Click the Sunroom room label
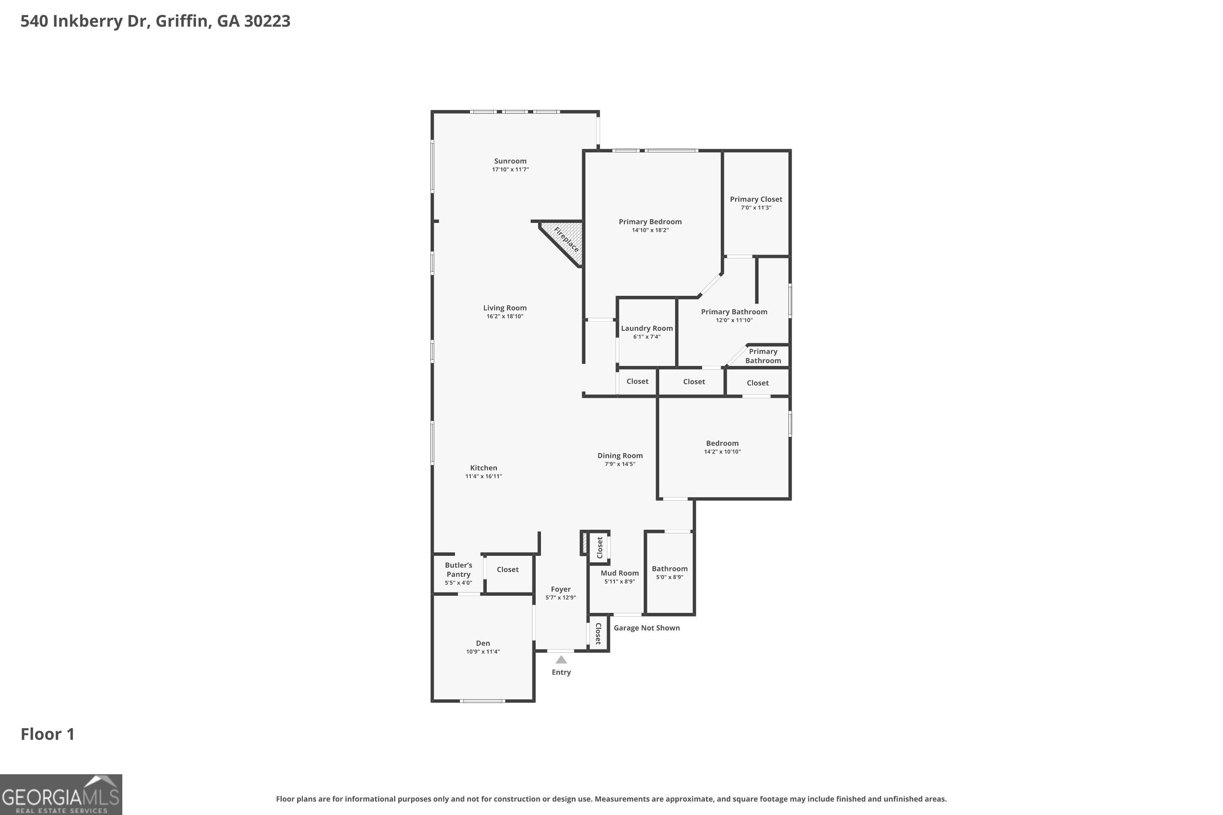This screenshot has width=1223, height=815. [510, 161]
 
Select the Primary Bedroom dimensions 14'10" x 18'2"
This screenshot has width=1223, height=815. [650, 230]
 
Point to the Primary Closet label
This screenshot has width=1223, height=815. [756, 199]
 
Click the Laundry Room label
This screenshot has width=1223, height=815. [647, 328]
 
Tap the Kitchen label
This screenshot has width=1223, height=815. [483, 468]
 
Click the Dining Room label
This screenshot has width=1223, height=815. [620, 456]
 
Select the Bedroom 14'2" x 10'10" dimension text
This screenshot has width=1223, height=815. [722, 452]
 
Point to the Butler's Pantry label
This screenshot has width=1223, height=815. [459, 570]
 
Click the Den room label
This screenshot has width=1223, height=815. [483, 643]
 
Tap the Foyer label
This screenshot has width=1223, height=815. [561, 589]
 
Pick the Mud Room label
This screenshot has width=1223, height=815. [620, 573]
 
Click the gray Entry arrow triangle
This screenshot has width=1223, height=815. [561, 660]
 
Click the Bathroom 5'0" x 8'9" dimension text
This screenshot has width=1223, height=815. [670, 577]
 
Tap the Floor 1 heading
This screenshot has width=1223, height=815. [48, 734]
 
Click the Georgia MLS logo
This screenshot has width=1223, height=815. [61, 794]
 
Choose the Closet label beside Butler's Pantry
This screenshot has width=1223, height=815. [508, 570]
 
